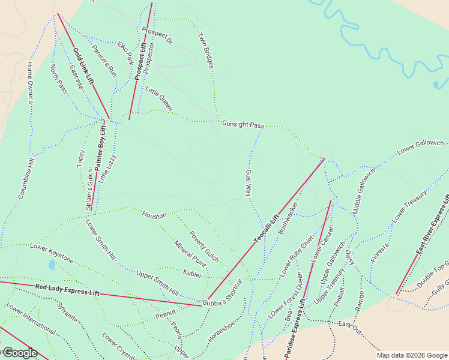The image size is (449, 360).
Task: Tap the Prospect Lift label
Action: coord(140,61)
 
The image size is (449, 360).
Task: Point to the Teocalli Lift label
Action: coord(267,229)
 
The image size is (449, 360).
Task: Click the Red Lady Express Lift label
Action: coord(67,291)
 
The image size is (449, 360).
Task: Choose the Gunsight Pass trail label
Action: coord(243,124)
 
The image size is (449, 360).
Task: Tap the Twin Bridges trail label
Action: coord(206,50)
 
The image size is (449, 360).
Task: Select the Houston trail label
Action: coord(154,214)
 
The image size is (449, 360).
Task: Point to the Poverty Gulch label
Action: coord(204,246)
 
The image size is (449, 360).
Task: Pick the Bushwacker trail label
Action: coord(288,218)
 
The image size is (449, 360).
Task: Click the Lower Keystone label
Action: coord(52,253)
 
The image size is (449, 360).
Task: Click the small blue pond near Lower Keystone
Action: coord(52,265)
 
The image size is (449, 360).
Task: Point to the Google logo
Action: coord(19,353)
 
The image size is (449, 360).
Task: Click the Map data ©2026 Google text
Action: coord(411,355)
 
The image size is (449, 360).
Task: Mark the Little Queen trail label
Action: coord(159,98)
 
